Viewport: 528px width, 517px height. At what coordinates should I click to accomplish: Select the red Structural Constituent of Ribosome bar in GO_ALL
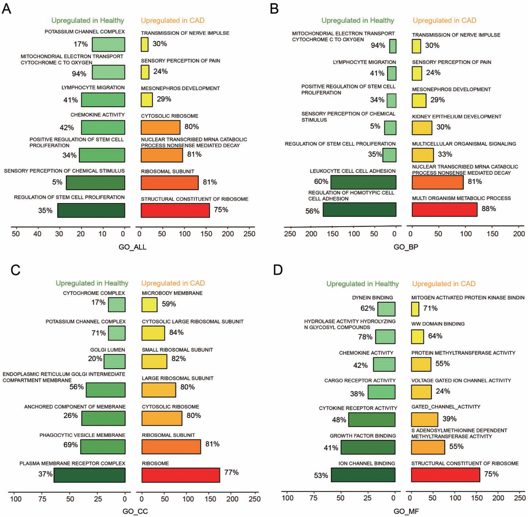pyautogui.click(x=175, y=210)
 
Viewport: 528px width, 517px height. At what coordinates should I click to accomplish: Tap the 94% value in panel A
pyautogui.click(x=79, y=73)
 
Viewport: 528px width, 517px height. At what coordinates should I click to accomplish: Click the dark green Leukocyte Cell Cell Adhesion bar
pyautogui.click(x=363, y=182)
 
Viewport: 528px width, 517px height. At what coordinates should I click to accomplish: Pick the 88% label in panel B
pyautogui.click(x=488, y=209)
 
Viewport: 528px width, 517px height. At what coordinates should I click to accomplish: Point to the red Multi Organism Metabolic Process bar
pyautogui.click(x=444, y=209)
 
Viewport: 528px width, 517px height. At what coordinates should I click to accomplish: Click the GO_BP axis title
pyautogui.click(x=406, y=247)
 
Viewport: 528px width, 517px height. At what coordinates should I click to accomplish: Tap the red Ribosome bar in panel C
pyautogui.click(x=180, y=475)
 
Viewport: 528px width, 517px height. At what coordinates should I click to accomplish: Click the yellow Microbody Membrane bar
pyautogui.click(x=149, y=304)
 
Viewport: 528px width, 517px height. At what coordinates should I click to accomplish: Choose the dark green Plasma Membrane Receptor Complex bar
pyautogui.click(x=90, y=475)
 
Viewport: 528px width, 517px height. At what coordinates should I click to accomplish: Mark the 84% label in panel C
pyautogui.click(x=176, y=332)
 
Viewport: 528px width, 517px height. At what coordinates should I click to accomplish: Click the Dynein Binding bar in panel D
pyautogui.click(x=386, y=309)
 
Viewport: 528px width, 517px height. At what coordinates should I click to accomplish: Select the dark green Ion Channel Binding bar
pyautogui.click(x=363, y=475)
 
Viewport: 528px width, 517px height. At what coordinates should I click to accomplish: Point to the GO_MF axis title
pyautogui.click(x=406, y=511)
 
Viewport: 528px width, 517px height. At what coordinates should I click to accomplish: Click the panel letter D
pyautogui.click(x=278, y=269)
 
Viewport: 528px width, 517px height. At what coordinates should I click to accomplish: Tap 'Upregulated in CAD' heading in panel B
pyautogui.click(x=444, y=20)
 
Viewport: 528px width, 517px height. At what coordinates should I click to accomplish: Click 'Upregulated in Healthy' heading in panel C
pyautogui.click(x=92, y=283)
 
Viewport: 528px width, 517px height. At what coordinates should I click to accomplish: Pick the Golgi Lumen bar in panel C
pyautogui.click(x=114, y=361)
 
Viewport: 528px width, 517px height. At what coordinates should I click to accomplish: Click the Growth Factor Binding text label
pyautogui.click(x=363, y=436)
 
